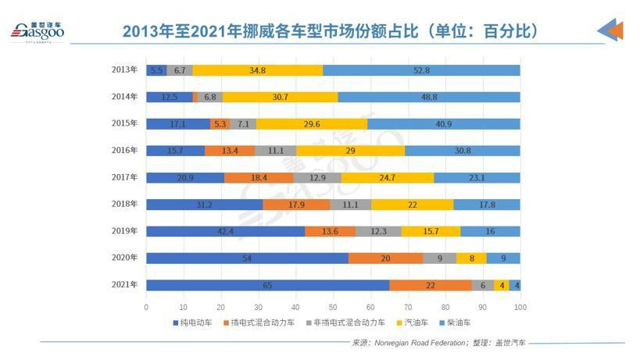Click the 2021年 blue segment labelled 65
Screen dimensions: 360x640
click(x=267, y=285)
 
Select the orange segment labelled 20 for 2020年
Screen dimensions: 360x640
click(x=385, y=258)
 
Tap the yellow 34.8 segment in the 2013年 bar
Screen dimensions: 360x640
click(x=257, y=70)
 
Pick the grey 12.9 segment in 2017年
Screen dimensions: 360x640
click(x=317, y=177)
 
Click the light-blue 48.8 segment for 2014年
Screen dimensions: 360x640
click(x=428, y=97)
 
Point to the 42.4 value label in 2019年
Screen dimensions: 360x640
click(x=226, y=231)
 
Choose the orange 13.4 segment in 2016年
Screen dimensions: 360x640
click(x=230, y=151)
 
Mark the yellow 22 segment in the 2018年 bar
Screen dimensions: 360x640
click(x=412, y=205)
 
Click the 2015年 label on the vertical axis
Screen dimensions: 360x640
click(x=124, y=123)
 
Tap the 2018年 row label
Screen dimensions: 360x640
click(x=124, y=204)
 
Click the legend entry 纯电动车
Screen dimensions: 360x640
click(x=192, y=322)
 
